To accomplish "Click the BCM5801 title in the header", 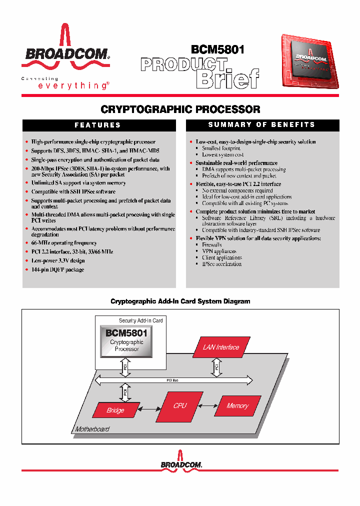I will pos(217,49).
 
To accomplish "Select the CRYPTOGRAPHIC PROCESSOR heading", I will pos(180,109).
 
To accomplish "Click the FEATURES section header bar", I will pos(98,125).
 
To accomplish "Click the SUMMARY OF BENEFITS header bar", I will pos(261,125).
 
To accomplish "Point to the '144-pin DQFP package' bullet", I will pos(57,269).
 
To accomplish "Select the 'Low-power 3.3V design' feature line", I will pos(58,260).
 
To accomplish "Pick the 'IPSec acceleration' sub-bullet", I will pos(221,264).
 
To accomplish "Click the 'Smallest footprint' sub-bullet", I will pos(221,148).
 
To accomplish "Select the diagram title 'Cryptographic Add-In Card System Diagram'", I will pos(180,301).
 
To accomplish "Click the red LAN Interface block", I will pos(220,347).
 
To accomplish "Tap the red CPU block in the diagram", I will pos(179,406).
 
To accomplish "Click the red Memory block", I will pos(237,406).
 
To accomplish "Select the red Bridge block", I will pos(115,410).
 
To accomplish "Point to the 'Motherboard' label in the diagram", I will pos(92,429).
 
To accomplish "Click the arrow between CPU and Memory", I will pos(207,406).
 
